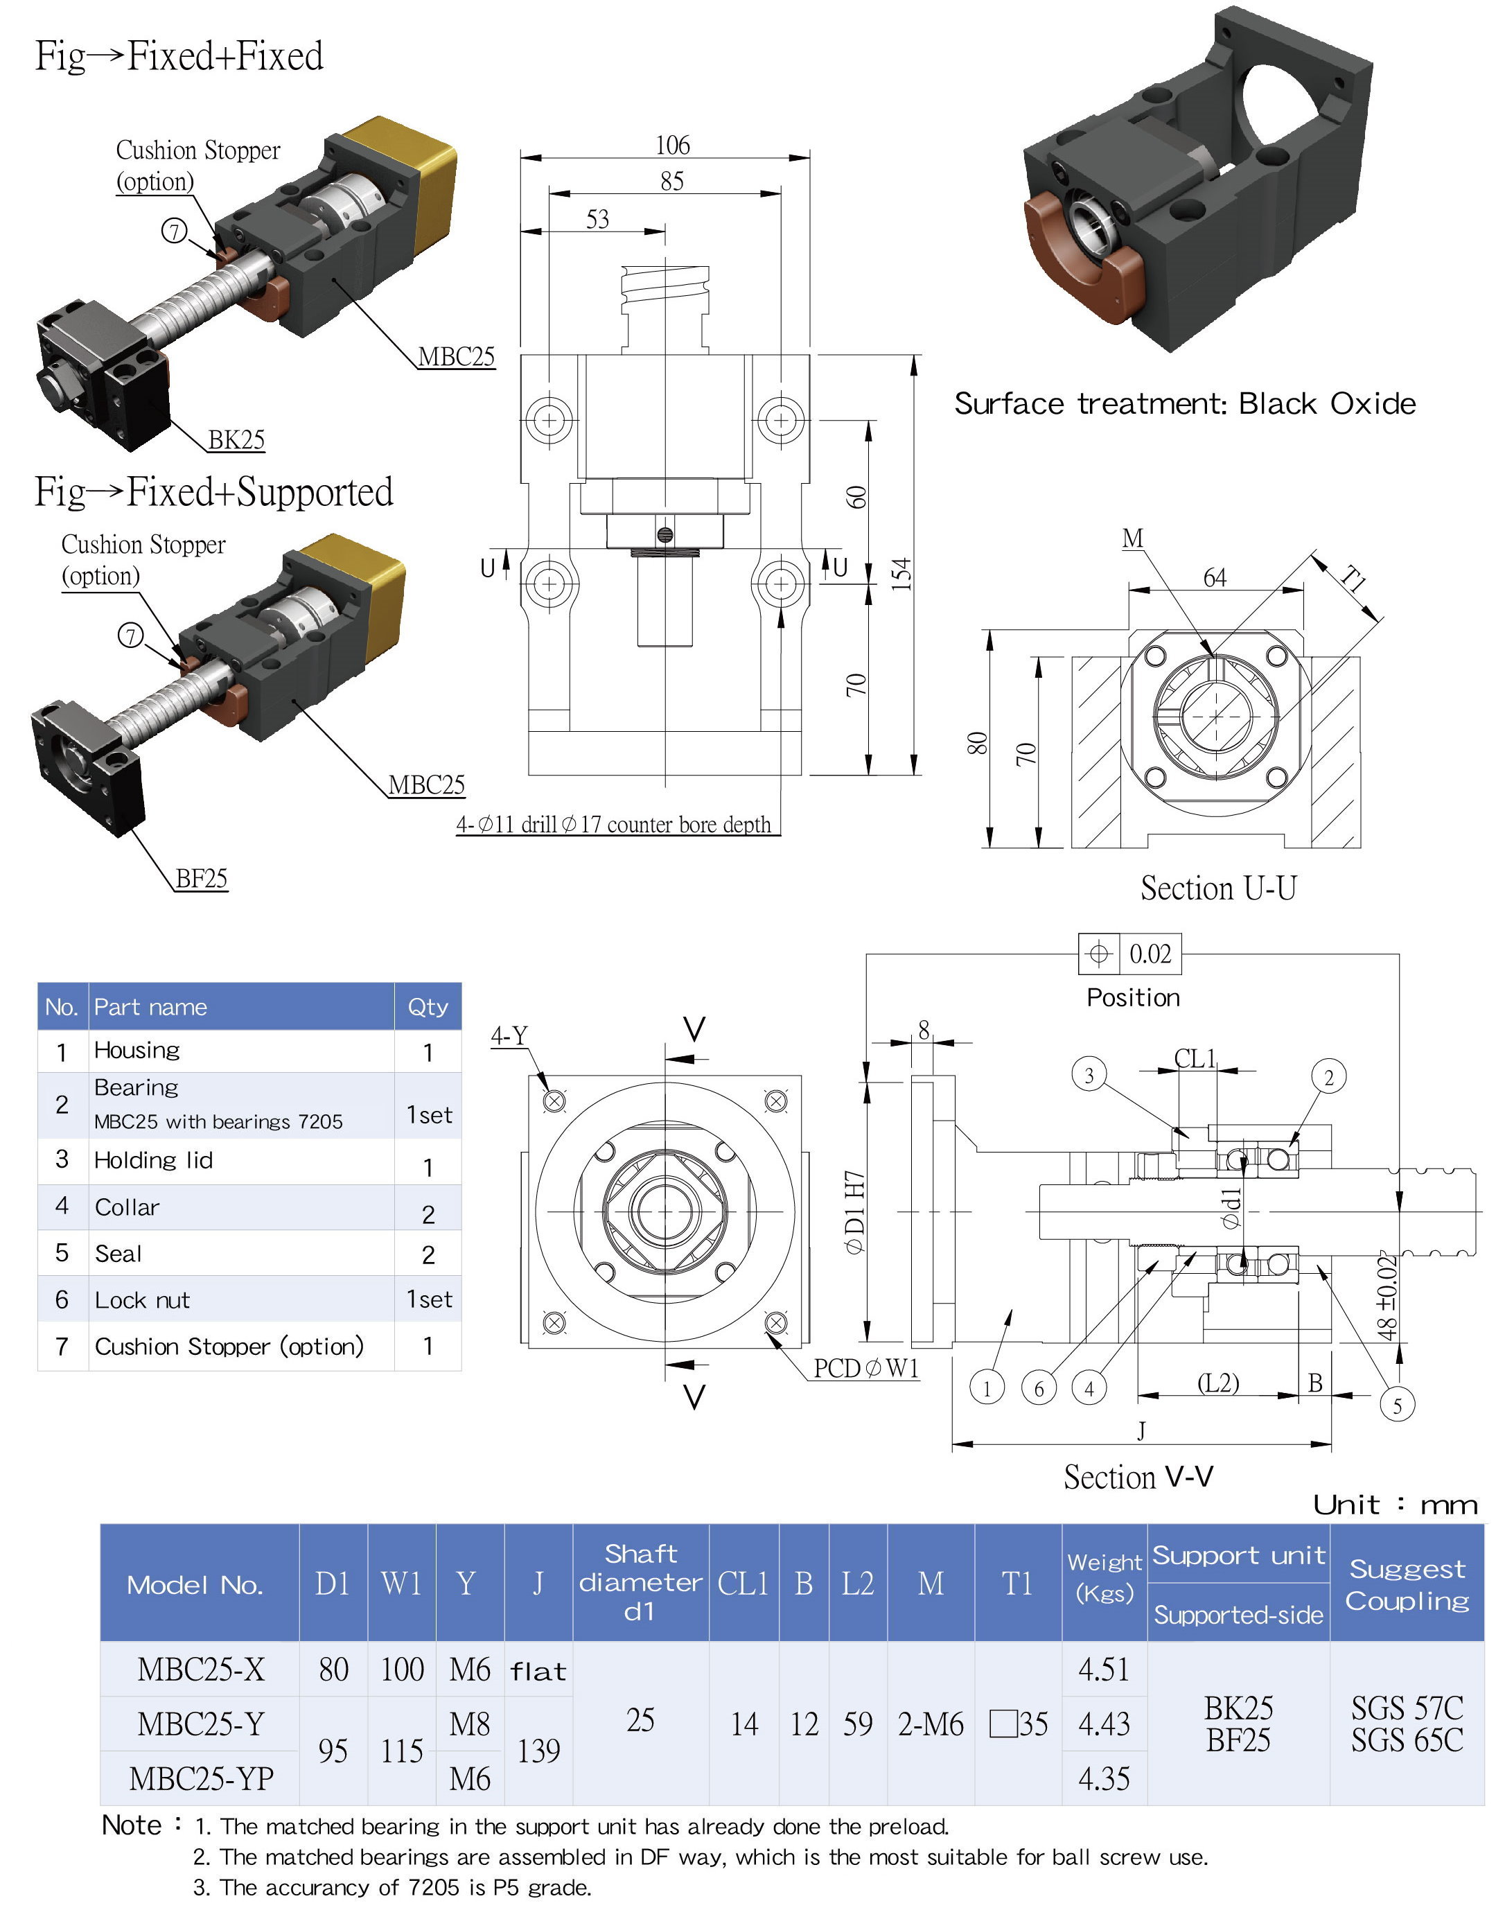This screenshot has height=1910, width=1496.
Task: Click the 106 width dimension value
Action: [672, 145]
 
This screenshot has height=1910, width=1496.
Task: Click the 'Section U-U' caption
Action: [1217, 888]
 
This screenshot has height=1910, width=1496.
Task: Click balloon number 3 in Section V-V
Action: [1089, 1075]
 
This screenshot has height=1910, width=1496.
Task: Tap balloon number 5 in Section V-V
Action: [1397, 1405]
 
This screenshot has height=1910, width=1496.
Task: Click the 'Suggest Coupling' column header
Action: [1407, 1584]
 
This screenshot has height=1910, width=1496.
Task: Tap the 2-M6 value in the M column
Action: [930, 1724]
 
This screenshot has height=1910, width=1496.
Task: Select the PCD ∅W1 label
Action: [866, 1369]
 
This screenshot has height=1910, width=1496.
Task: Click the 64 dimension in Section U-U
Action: [1214, 577]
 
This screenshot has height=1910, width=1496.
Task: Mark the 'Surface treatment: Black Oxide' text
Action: [1184, 403]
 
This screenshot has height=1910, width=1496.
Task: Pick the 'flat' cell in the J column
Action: [538, 1672]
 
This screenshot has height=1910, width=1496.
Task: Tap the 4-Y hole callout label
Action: [509, 1035]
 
